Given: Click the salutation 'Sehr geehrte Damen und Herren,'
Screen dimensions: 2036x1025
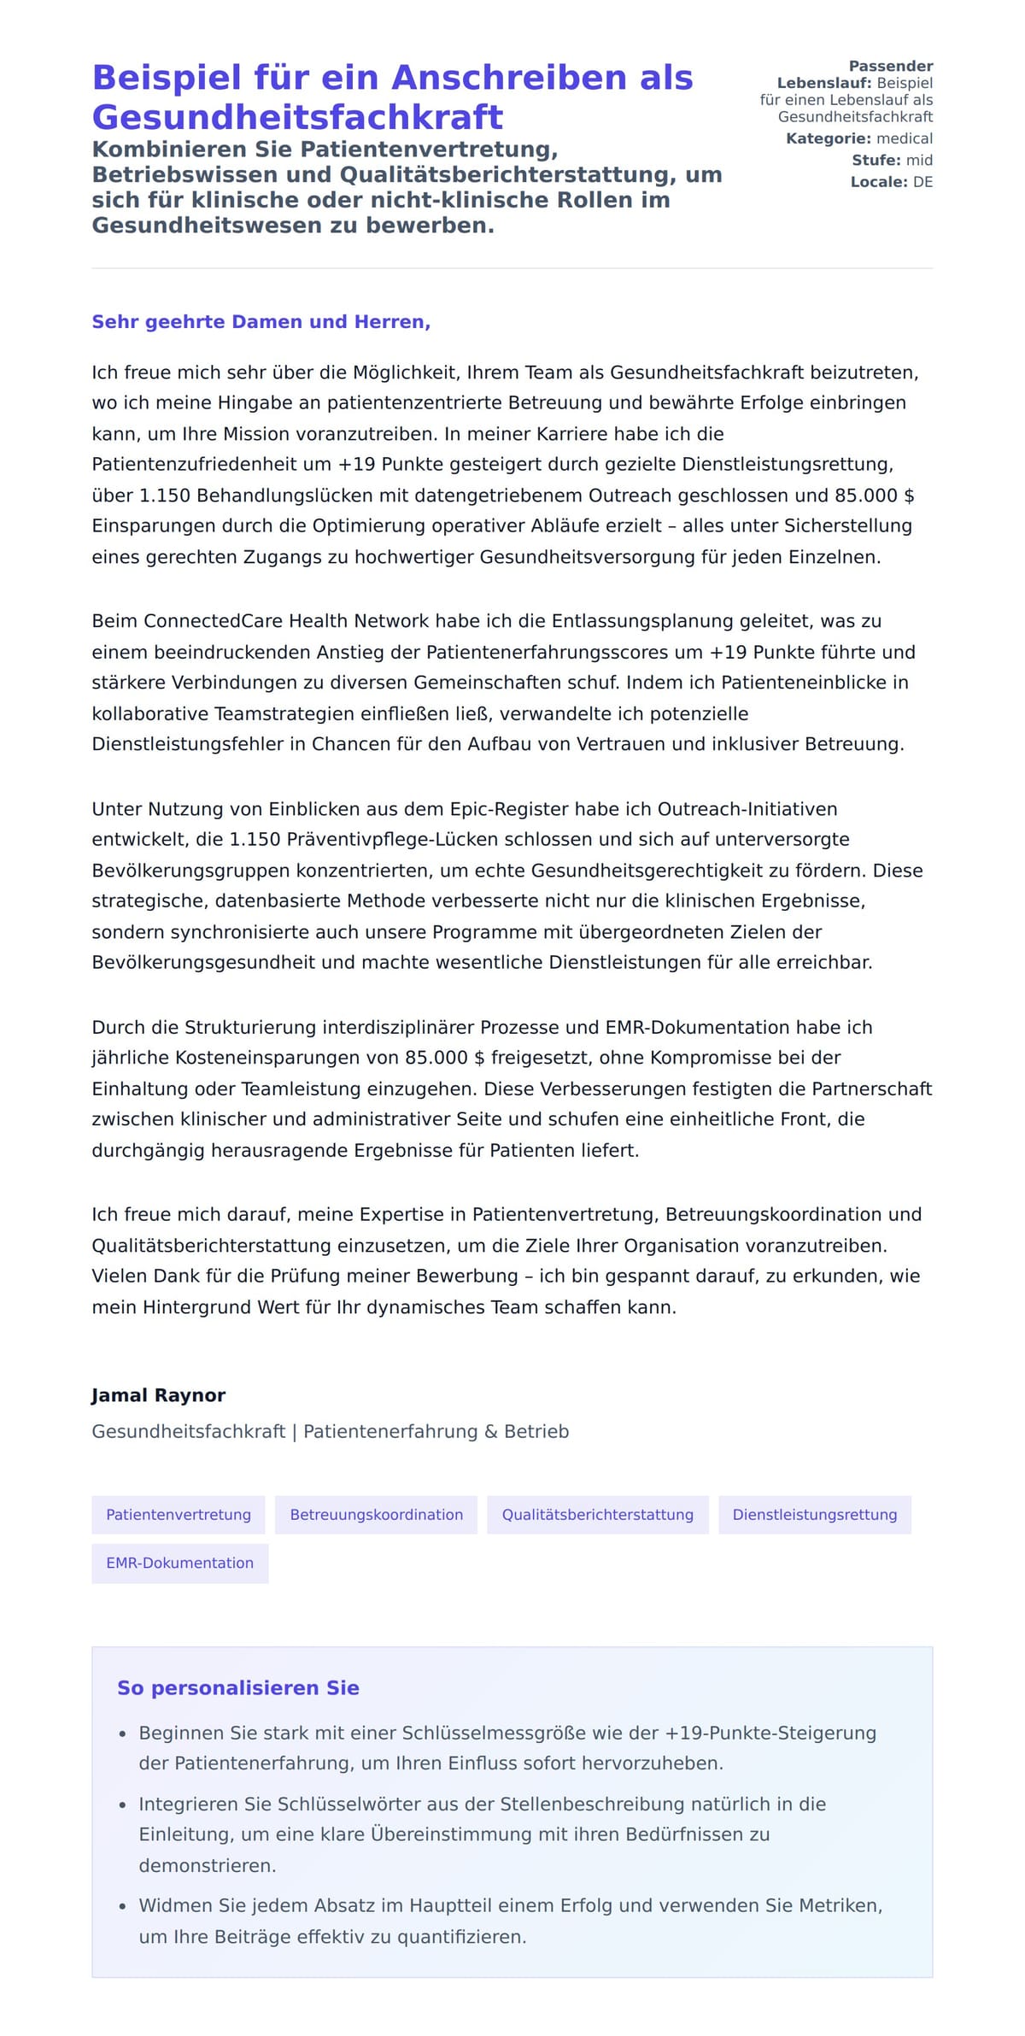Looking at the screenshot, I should (x=261, y=322).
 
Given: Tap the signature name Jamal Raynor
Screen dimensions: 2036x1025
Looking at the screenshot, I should (x=158, y=1395).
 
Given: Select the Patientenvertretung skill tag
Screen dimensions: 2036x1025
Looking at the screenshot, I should (x=179, y=1515).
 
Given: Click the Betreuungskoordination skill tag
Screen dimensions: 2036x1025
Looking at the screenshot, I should (x=376, y=1515).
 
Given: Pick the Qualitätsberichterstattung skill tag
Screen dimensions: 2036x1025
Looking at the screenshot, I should (x=597, y=1515).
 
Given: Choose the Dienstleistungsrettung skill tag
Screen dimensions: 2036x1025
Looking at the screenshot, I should (x=814, y=1515).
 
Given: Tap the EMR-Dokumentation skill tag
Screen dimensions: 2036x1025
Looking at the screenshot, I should (x=179, y=1563).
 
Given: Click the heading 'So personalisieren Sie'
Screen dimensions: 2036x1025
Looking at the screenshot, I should (x=237, y=1688).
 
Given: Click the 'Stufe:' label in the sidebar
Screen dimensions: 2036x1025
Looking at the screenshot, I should (x=876, y=160).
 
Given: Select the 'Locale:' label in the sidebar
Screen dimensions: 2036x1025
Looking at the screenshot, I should (x=878, y=182).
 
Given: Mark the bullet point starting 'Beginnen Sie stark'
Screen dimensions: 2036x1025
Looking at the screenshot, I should (x=507, y=1748).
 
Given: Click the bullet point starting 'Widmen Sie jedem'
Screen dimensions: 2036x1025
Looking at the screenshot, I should (x=510, y=1921).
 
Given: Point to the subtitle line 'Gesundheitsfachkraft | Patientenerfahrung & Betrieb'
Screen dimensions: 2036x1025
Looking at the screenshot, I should (x=330, y=1431).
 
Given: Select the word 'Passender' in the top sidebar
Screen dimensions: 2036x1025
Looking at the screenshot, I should (x=890, y=66).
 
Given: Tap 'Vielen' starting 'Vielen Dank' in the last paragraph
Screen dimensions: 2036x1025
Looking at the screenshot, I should (x=120, y=1276).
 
